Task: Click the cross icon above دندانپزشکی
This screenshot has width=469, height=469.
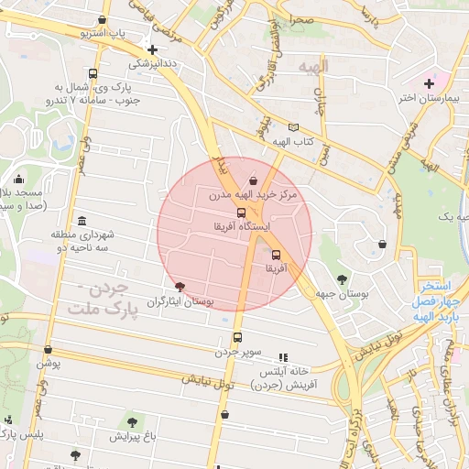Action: [152, 49]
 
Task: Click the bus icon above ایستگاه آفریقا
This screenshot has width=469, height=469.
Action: [241, 213]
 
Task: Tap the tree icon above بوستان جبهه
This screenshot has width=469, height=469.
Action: [342, 279]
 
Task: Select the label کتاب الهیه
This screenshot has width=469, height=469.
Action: [293, 142]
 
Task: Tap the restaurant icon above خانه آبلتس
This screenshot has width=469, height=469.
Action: [283, 356]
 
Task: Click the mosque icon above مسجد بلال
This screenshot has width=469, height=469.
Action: [18, 180]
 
